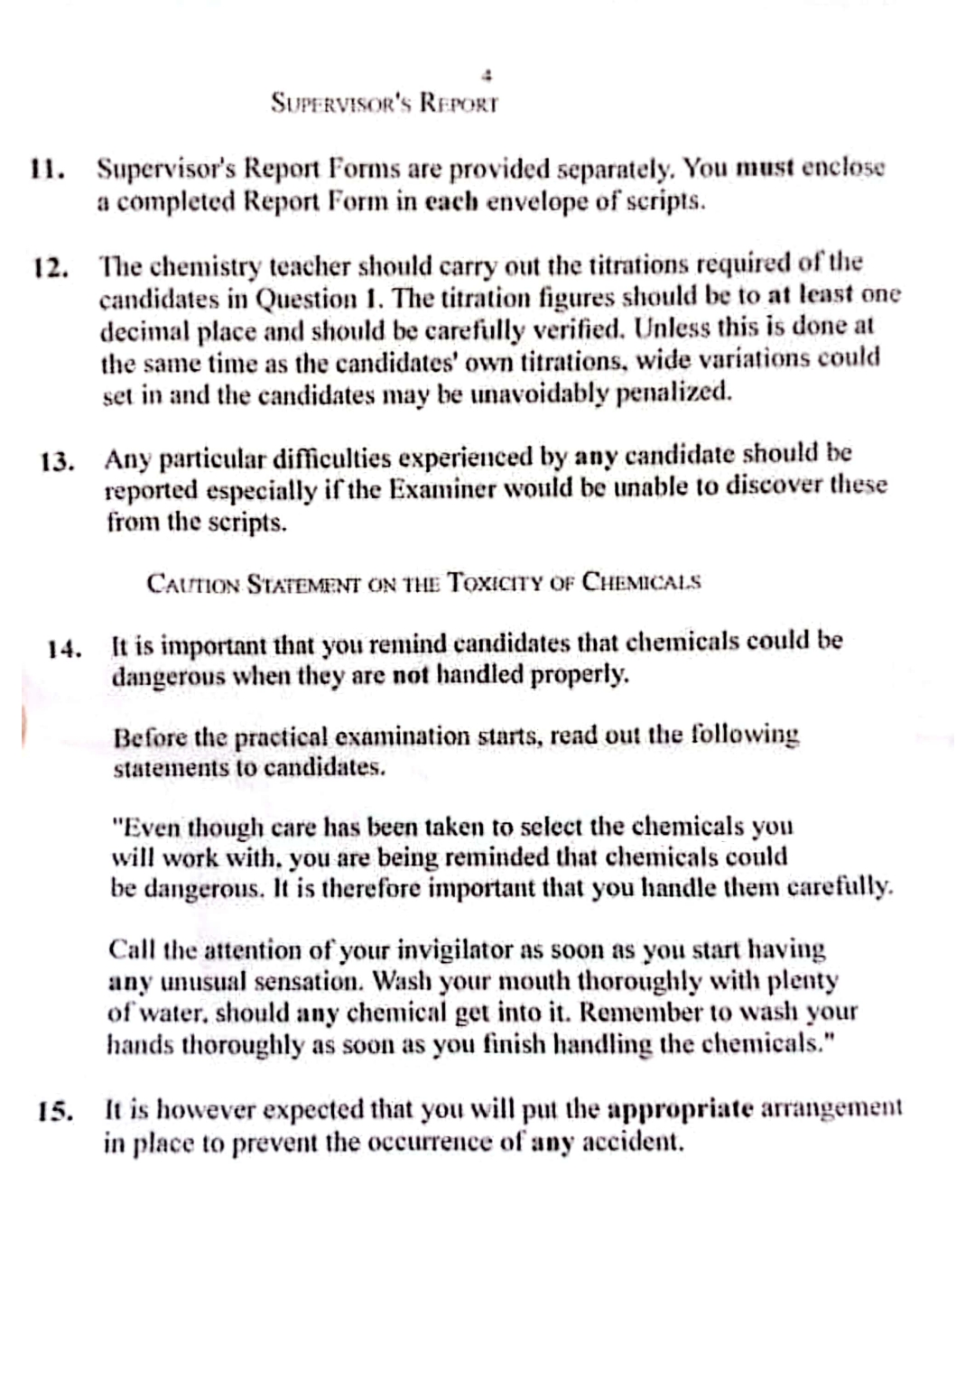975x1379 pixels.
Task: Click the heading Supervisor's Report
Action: point(385,103)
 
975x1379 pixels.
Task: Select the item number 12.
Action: point(51,268)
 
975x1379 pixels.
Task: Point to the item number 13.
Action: point(58,462)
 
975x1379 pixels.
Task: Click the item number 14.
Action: point(65,648)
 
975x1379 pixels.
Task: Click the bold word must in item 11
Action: point(764,168)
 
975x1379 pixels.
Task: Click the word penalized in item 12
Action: point(673,393)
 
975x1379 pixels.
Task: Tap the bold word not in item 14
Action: point(410,674)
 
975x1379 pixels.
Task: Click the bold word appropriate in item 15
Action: point(681,1108)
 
